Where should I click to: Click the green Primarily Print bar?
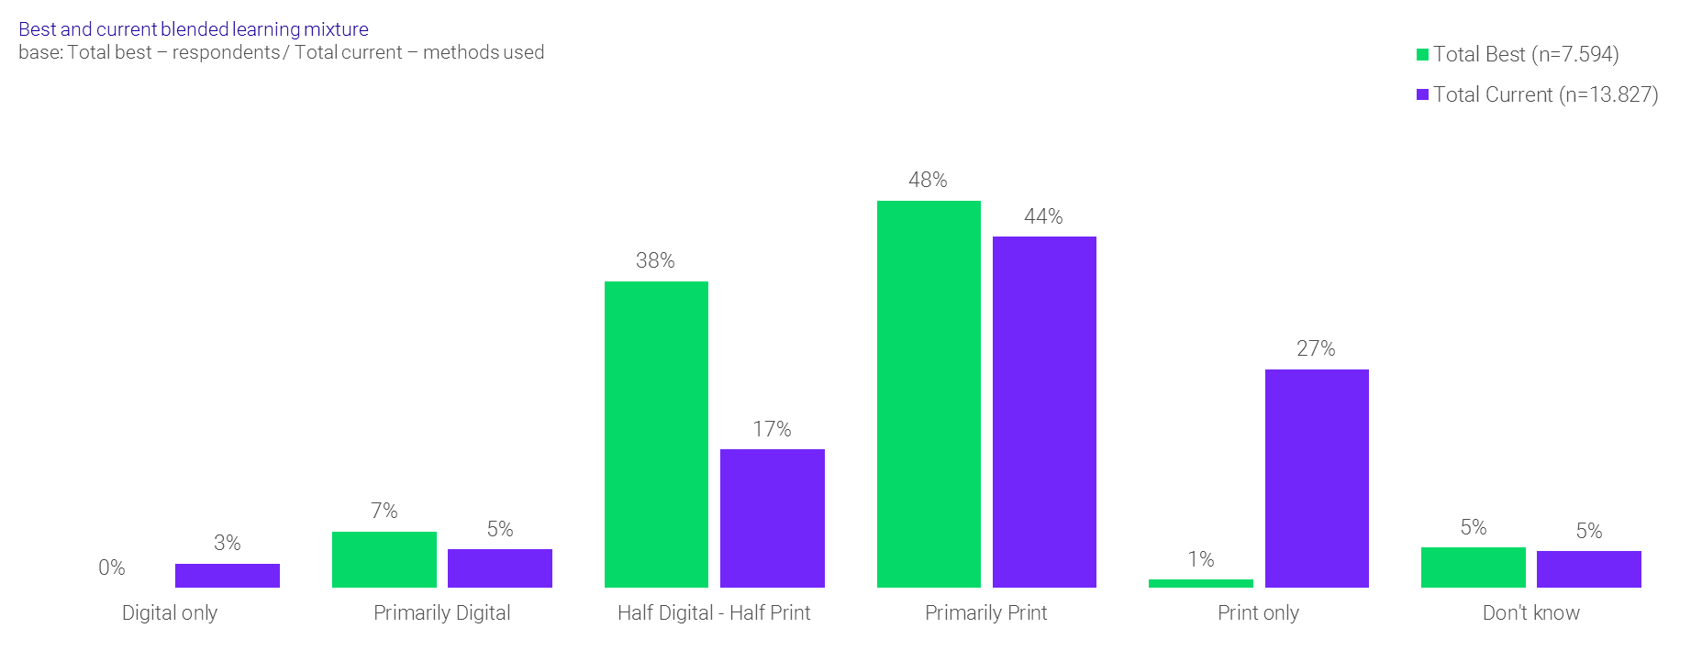[x=929, y=394]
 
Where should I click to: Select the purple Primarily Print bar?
[x=1044, y=412]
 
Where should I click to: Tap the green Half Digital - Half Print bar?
[x=656, y=434]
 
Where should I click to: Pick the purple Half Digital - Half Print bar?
[x=772, y=518]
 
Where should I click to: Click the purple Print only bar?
[x=1317, y=478]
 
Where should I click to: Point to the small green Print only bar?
[x=1200, y=583]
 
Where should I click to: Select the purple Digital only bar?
[x=228, y=575]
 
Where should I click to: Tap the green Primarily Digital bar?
[x=384, y=559]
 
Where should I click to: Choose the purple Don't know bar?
[x=1588, y=568]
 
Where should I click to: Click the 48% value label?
[x=928, y=180]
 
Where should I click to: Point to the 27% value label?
[x=1316, y=348]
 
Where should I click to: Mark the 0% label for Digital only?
[x=112, y=567]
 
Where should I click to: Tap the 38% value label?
[x=655, y=260]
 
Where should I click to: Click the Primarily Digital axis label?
[x=441, y=612]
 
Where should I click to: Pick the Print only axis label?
[x=1258, y=612]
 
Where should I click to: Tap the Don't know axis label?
[x=1530, y=612]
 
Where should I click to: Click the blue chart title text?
[x=194, y=29]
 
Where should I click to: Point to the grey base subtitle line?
[x=281, y=52]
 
